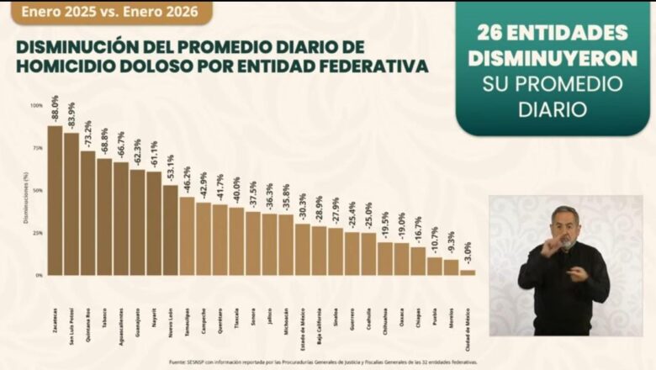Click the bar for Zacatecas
pyautogui.click(x=55, y=202)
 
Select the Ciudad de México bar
pyautogui.click(x=468, y=272)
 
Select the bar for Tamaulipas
pyautogui.click(x=187, y=236)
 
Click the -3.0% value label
pyautogui.click(x=468, y=253)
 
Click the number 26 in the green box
pyautogui.click(x=494, y=33)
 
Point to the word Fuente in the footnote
pyautogui.click(x=178, y=362)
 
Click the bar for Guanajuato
pyautogui.click(x=137, y=223)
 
